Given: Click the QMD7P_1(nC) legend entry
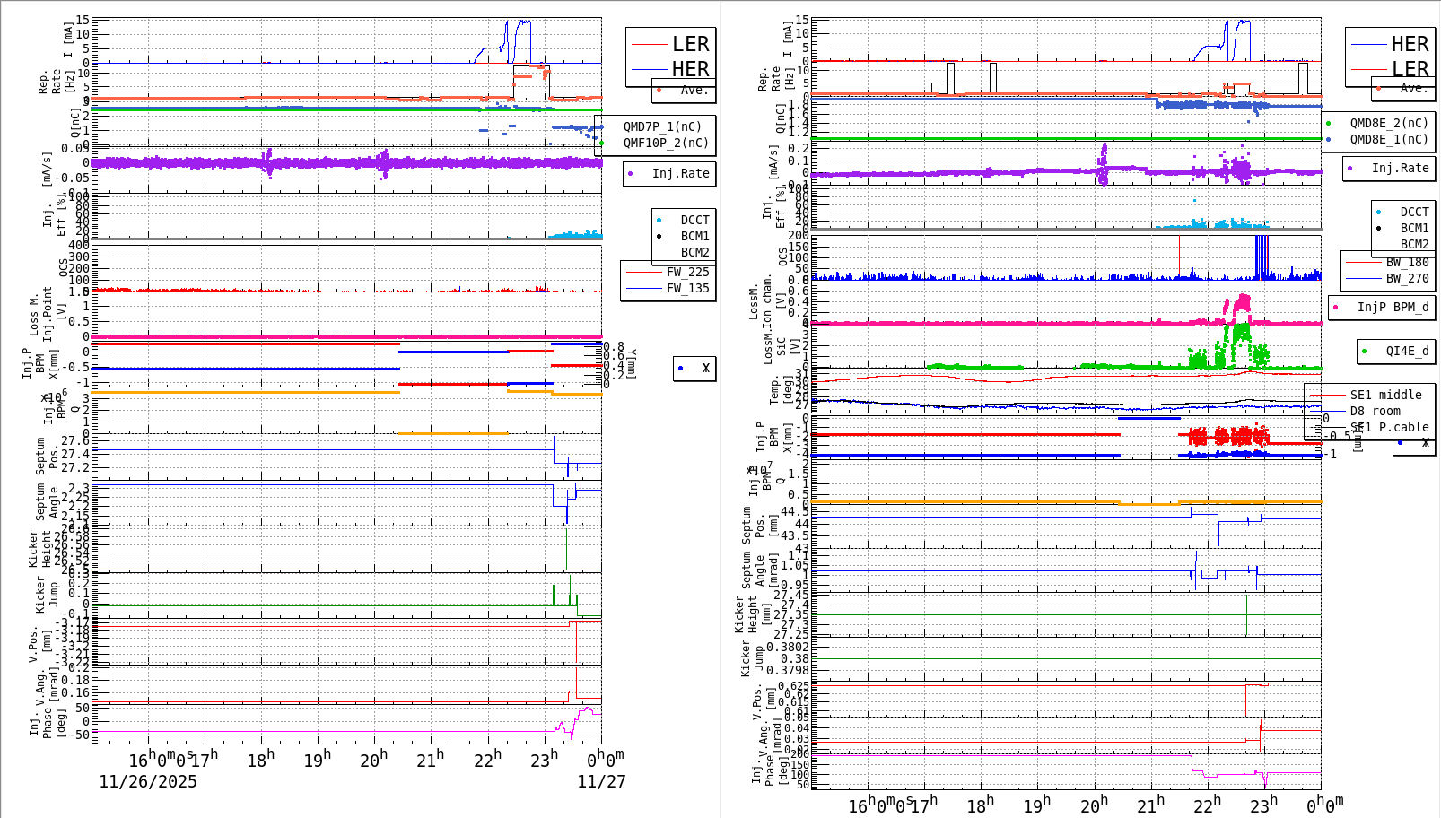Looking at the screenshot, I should pyautogui.click(x=662, y=127).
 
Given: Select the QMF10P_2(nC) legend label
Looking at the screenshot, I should pyautogui.click(x=665, y=144).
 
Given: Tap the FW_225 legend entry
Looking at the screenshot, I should pyautogui.click(x=687, y=273).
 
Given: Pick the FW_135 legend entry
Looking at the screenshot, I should pyautogui.click(x=687, y=289).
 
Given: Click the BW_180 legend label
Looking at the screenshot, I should pyautogui.click(x=1407, y=263).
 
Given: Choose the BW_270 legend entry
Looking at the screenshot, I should pyautogui.click(x=1407, y=279).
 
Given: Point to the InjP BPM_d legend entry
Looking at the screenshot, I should pyautogui.click(x=1393, y=308).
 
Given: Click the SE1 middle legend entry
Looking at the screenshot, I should pyautogui.click(x=1385, y=396).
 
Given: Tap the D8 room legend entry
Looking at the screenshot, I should pyautogui.click(x=1375, y=412).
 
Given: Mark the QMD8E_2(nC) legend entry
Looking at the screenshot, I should pyautogui.click(x=1388, y=124).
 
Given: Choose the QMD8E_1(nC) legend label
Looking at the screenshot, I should pyautogui.click(x=1388, y=140).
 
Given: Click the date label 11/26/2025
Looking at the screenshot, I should pyautogui.click(x=148, y=782).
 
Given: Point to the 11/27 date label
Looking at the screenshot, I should pyautogui.click(x=601, y=782).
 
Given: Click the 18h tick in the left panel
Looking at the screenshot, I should pyautogui.click(x=260, y=761).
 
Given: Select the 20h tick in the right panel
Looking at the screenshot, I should pyautogui.click(x=1095, y=805).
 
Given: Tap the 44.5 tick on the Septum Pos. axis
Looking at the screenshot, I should pyautogui.click(x=794, y=512).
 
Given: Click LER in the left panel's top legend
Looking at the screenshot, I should pyautogui.click(x=690, y=45).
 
